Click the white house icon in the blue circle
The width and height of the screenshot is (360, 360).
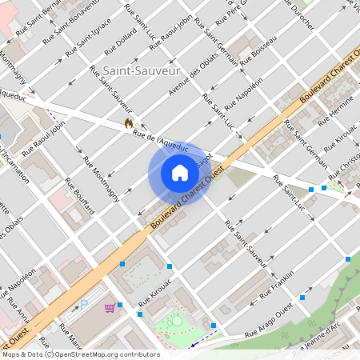[179, 172]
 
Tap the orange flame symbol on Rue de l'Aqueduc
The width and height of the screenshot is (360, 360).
[128, 122]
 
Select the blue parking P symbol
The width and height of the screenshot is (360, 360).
[84, 304]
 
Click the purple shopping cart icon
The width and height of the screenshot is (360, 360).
[109, 307]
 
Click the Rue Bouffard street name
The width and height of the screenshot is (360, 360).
[80, 195]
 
